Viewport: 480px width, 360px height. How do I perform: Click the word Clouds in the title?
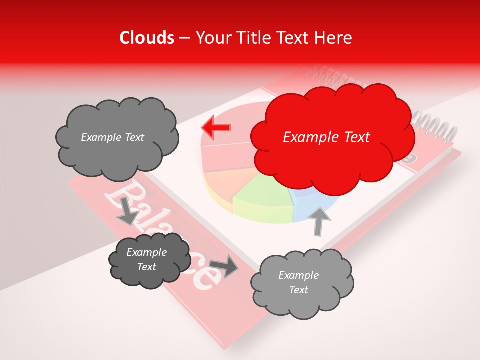pos(147,38)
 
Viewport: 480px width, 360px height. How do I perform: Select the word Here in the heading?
pos(335,38)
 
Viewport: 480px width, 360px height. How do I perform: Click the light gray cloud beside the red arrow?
pos(116,137)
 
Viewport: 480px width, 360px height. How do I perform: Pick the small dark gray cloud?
pos(149,261)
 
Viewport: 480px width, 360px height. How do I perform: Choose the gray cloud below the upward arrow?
pos(301,283)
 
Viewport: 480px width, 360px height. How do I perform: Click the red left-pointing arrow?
pos(216,127)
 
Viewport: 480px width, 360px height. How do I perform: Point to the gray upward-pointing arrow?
pos(319,220)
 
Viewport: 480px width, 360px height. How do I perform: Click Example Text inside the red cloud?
pos(326,137)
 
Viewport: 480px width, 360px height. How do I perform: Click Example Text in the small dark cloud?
pos(147,260)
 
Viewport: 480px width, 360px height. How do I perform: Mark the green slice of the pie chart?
pos(262,197)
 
